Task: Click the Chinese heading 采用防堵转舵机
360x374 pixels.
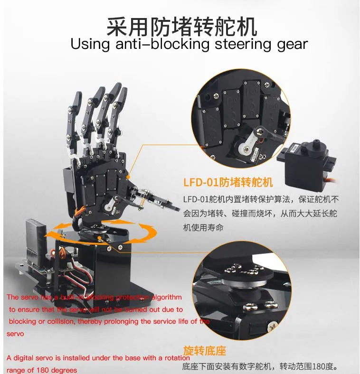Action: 182,27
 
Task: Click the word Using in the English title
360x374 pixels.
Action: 90,44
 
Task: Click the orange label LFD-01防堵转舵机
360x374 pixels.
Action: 228,182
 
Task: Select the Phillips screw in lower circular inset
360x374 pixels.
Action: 273,327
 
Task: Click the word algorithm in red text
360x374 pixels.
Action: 166,297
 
